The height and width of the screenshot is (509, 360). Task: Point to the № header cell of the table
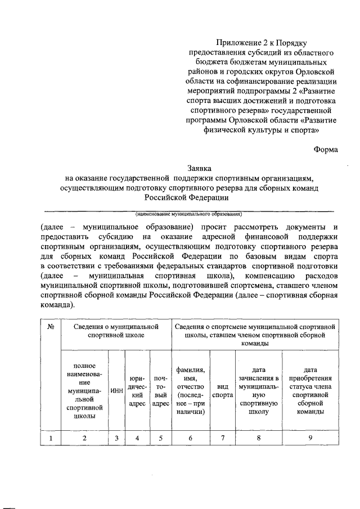point(51,327)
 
